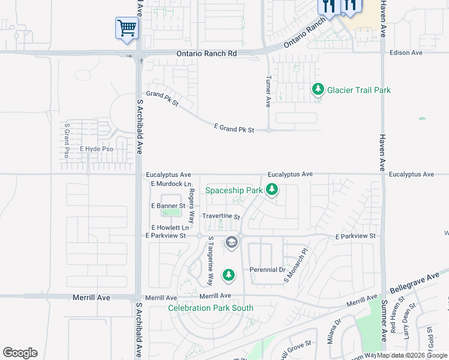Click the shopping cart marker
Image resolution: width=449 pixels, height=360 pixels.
[x=127, y=28]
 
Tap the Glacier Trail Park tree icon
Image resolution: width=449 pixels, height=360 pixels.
[x=318, y=90]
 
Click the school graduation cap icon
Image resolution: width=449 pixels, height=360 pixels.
[x=232, y=242]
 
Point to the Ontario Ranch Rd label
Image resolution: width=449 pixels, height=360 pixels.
[x=206, y=53]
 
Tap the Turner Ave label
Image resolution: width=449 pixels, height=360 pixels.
[x=268, y=92]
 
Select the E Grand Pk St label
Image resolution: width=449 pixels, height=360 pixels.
[x=234, y=129]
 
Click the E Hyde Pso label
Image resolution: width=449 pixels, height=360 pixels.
[x=97, y=148]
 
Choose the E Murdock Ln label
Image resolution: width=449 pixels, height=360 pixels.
[x=171, y=183]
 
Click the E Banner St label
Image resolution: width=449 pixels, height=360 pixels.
[x=167, y=206]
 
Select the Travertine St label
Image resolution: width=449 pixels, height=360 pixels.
[x=221, y=216]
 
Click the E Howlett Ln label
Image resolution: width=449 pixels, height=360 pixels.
[x=170, y=228]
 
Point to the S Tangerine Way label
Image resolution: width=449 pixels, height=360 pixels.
[x=211, y=260]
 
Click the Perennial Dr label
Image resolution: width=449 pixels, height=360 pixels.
[x=268, y=270]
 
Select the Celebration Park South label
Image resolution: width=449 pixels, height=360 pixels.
[x=211, y=308]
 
